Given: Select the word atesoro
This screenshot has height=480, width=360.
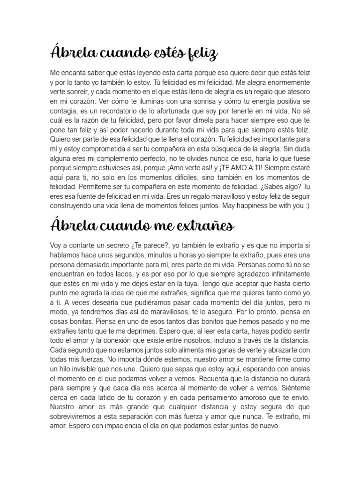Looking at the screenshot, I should (x=295, y=91).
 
